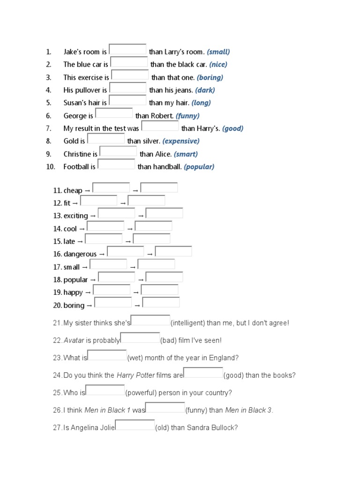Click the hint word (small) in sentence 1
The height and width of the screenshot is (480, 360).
click(x=218, y=52)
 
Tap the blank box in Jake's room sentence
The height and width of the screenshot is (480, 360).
click(x=127, y=50)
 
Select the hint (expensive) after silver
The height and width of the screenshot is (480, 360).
click(x=181, y=141)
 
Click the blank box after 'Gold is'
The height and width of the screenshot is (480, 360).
click(x=106, y=139)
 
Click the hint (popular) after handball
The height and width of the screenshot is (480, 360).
click(x=199, y=167)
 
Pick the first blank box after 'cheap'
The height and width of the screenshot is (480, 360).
click(x=111, y=188)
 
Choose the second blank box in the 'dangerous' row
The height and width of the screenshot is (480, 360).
click(x=173, y=252)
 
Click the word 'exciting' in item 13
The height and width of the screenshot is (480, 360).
click(x=76, y=216)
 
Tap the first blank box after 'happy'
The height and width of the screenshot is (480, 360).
click(x=112, y=290)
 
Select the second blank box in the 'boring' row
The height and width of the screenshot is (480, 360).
click(x=161, y=303)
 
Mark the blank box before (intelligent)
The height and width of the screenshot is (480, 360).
click(x=150, y=321)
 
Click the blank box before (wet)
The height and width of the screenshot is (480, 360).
click(x=107, y=356)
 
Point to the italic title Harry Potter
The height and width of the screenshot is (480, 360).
click(x=132, y=375)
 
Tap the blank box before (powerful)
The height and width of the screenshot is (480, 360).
click(x=105, y=390)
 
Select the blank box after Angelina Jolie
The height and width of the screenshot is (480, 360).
click(x=135, y=426)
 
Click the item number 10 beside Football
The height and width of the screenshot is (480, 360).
click(x=51, y=167)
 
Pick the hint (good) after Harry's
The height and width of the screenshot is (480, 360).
click(x=232, y=128)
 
